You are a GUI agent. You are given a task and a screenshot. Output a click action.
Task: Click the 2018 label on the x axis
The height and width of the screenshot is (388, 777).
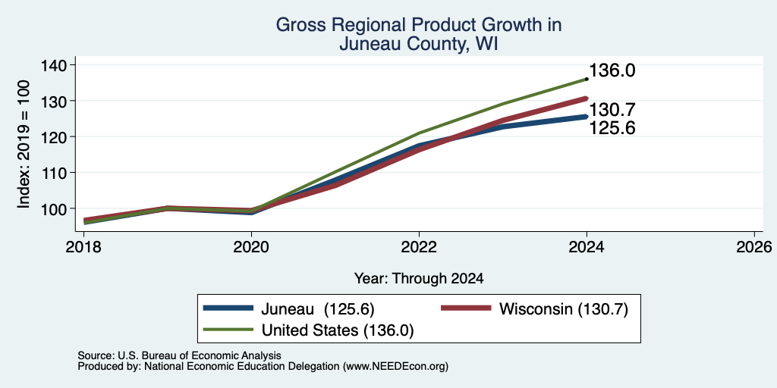83,246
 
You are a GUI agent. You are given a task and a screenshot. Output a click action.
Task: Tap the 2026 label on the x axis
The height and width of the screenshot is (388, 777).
755,246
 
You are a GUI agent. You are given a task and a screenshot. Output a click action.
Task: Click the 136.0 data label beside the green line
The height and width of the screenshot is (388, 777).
612,70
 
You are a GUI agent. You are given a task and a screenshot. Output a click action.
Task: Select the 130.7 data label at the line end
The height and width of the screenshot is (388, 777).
612,110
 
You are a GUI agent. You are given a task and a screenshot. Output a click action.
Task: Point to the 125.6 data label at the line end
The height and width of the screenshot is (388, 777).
612,129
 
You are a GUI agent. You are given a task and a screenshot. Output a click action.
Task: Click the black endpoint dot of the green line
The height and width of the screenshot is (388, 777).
587,79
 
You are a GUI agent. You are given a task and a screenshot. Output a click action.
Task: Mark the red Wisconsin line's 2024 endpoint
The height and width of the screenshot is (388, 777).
586,99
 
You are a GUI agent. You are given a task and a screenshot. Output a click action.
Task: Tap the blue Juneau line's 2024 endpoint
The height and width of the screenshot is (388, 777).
586,117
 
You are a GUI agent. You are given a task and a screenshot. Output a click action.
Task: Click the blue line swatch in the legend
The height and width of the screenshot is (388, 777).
228,308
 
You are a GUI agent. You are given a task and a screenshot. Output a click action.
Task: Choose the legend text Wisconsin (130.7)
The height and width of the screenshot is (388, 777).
564,309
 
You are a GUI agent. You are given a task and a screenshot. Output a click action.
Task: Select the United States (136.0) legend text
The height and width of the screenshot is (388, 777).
338,330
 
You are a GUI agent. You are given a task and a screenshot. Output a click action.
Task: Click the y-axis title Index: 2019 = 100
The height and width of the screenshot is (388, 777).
24,144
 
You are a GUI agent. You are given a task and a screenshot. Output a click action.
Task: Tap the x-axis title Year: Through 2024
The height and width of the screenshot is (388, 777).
419,279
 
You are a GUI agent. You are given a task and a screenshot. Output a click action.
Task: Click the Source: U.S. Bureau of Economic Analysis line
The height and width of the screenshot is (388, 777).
179,355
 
